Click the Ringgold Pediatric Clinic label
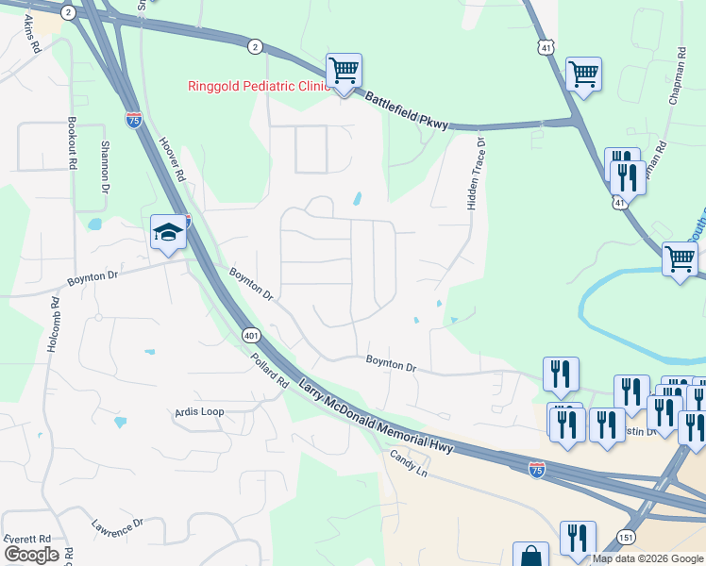click(x=257, y=87)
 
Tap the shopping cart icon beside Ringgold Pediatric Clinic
click(x=345, y=72)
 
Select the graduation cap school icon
click(x=168, y=233)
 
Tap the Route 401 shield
click(x=250, y=335)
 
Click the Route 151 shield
click(x=626, y=537)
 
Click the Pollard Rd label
click(x=269, y=372)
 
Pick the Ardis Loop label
click(x=198, y=412)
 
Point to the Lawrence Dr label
click(x=117, y=529)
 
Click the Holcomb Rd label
click(x=53, y=325)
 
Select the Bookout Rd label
click(x=72, y=143)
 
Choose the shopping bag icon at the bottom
click(x=530, y=555)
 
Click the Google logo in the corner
click(x=31, y=555)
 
